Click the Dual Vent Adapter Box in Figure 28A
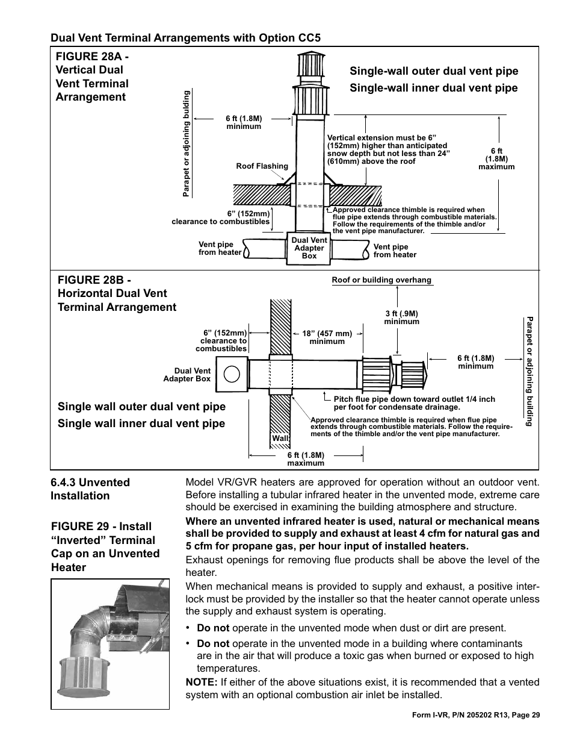coord(309,248)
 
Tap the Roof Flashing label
coord(262,166)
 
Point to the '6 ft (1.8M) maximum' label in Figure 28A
coord(496,159)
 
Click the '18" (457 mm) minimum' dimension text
coord(327,337)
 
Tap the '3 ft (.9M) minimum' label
coord(401,317)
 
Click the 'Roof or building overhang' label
coord(381,280)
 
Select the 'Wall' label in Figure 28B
coord(280,439)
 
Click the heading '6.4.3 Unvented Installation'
coord(90,489)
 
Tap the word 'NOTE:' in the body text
coord(202,682)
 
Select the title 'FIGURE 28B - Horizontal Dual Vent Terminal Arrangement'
coord(117,293)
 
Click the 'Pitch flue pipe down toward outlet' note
coord(414,402)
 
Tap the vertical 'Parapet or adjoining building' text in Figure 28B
coord(529,371)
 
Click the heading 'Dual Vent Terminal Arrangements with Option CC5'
coord(185,37)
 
